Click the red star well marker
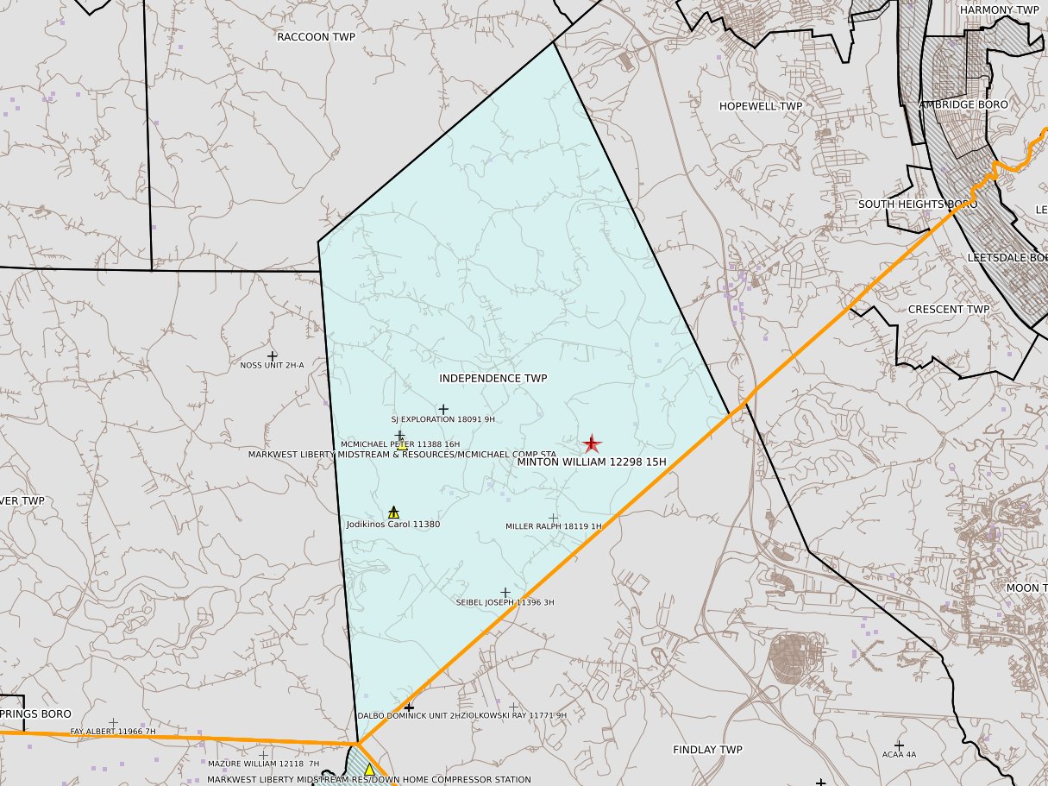pyautogui.click(x=591, y=443)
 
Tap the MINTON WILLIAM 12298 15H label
pyautogui.click(x=592, y=462)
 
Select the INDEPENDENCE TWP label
pyautogui.click(x=493, y=378)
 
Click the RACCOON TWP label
pyautogui.click(x=316, y=37)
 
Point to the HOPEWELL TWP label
pyautogui.click(x=761, y=106)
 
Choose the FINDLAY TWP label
pyautogui.click(x=707, y=750)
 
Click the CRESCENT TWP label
pyautogui.click(x=949, y=309)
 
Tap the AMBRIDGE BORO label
pyautogui.click(x=963, y=104)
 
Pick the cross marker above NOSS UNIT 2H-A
pyautogui.click(x=273, y=355)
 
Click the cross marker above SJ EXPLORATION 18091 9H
pyautogui.click(x=443, y=409)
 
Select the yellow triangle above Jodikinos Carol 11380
pyautogui.click(x=393, y=512)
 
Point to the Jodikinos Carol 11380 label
pyautogui.click(x=392, y=524)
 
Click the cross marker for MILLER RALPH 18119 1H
pyautogui.click(x=553, y=519)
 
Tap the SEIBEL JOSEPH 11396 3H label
pyautogui.click(x=505, y=602)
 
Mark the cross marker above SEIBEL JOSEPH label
pyautogui.click(x=505, y=592)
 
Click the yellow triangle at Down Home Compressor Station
pyautogui.click(x=369, y=769)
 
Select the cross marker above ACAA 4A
pyautogui.click(x=899, y=745)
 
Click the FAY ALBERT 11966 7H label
pyautogui.click(x=113, y=732)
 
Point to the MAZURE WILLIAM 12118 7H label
pyautogui.click(x=263, y=764)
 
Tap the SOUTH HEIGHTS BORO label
pyautogui.click(x=917, y=204)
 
